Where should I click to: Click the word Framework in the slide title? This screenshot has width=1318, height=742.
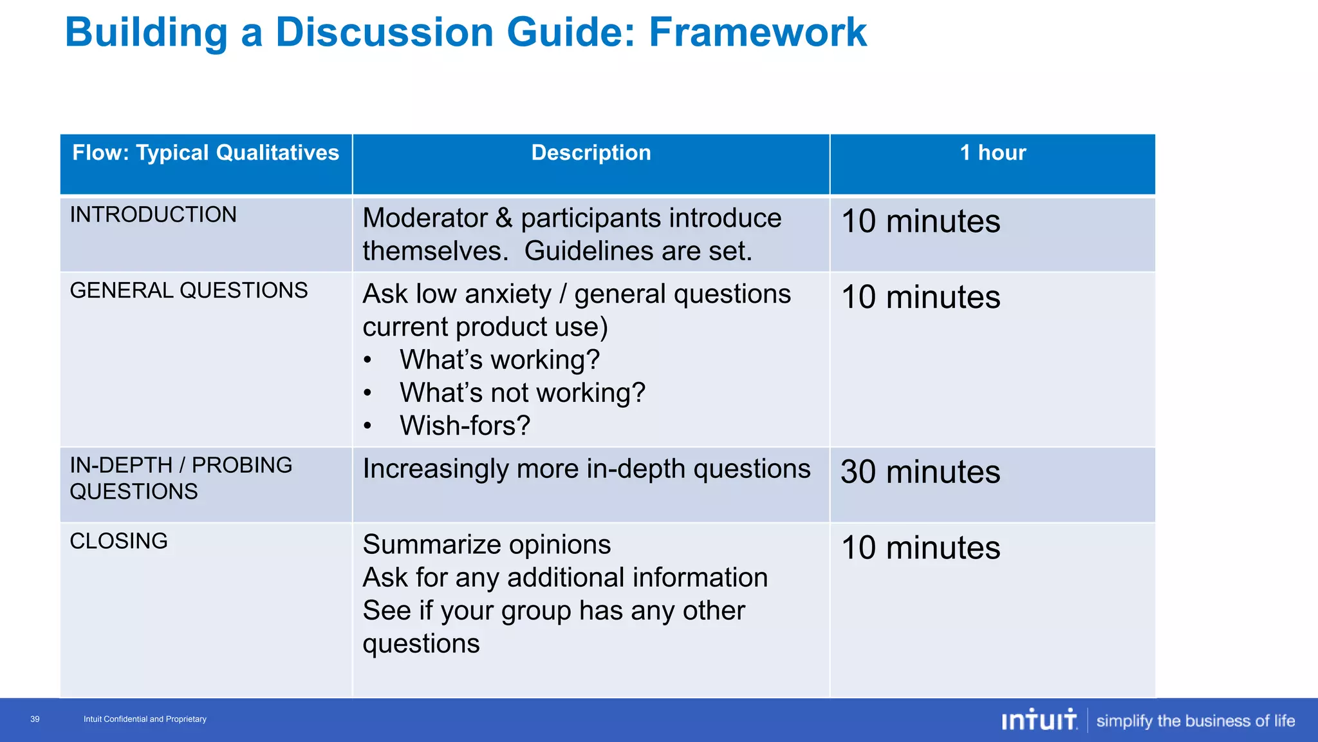(x=757, y=32)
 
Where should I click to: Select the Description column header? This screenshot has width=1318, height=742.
(x=591, y=153)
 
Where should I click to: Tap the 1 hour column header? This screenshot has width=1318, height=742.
(x=992, y=153)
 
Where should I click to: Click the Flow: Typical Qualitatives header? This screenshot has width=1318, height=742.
(x=205, y=153)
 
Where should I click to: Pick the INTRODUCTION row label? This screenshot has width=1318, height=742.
(x=153, y=215)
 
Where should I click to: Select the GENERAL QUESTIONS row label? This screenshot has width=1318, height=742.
(x=189, y=290)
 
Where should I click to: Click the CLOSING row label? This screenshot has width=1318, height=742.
(x=118, y=541)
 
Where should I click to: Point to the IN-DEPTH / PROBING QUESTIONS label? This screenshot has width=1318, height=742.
(x=180, y=479)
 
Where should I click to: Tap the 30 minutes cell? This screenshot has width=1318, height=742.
(x=920, y=472)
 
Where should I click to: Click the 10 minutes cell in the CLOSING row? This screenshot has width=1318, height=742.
(x=920, y=548)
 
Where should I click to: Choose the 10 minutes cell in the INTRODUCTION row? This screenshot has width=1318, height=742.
(x=920, y=222)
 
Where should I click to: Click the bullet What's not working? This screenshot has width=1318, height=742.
(x=522, y=393)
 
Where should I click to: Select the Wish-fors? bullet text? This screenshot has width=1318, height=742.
(x=465, y=426)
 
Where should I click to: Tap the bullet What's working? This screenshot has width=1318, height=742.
(x=499, y=360)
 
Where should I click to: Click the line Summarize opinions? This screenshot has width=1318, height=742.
(x=487, y=545)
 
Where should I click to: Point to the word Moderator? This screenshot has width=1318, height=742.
(x=425, y=218)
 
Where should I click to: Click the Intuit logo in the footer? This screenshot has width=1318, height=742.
(x=1039, y=720)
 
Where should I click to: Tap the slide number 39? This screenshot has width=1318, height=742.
(x=35, y=719)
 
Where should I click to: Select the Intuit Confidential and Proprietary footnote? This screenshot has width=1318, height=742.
(x=145, y=719)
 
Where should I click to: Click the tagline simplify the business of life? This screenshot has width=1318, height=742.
(x=1195, y=721)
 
